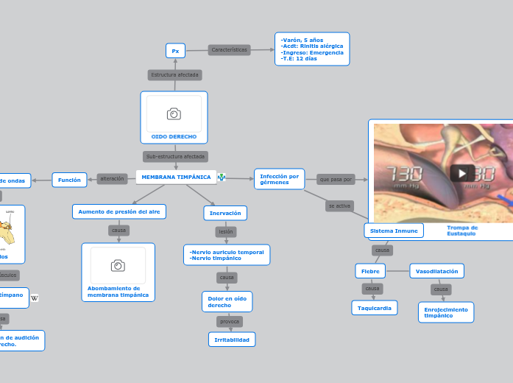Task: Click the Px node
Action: click(x=175, y=51)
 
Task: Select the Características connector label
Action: click(x=230, y=50)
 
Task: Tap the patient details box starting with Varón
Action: click(x=312, y=49)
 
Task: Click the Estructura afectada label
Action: click(x=175, y=75)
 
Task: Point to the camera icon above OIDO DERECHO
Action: click(x=174, y=113)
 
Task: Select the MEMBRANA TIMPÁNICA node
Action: click(x=176, y=178)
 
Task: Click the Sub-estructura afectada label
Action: click(x=175, y=156)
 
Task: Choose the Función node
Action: click(x=69, y=179)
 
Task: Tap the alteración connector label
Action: click(x=112, y=178)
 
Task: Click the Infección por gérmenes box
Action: click(x=280, y=179)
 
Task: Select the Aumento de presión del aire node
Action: click(x=119, y=212)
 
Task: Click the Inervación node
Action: click(x=225, y=213)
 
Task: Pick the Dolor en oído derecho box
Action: click(x=227, y=301)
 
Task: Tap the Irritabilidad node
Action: click(x=232, y=340)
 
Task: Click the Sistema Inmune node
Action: click(x=394, y=231)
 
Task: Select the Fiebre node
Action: click(x=369, y=271)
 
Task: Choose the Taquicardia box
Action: click(x=375, y=308)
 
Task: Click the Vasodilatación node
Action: click(x=436, y=271)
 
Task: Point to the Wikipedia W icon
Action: click(x=35, y=298)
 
